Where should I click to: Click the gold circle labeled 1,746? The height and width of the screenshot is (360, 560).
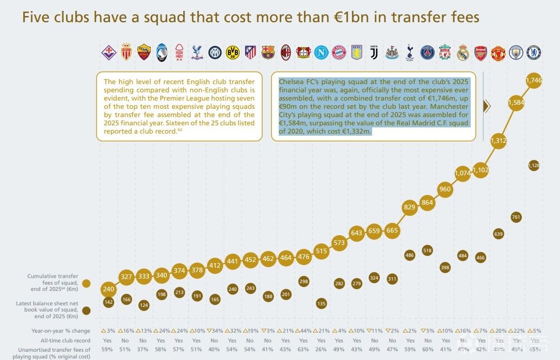533,80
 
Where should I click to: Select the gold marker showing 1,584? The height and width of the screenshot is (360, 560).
516,103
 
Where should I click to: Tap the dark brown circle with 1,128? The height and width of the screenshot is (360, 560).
534,165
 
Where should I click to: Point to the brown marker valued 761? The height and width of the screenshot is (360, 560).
516,217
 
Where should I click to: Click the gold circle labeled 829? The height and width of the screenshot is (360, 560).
410,207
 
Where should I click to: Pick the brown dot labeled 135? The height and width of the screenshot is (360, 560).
321,303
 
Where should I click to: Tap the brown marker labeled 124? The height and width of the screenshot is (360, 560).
143,305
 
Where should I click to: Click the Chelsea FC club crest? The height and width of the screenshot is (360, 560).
534,52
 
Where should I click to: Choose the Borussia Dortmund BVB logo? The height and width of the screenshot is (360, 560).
232,52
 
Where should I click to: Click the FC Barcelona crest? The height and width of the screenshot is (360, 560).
268,52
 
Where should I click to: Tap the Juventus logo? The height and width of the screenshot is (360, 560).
374,52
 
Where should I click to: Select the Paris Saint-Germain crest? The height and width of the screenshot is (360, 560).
427,52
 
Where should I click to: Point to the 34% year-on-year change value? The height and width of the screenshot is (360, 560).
214,331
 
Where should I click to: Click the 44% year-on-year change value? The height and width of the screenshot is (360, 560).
303,331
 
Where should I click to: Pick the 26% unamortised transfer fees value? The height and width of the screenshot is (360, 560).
321,350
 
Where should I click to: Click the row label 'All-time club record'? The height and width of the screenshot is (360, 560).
66,340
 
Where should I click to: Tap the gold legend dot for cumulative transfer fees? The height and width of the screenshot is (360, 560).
86,283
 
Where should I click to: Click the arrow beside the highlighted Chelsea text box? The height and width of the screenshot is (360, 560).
487,106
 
